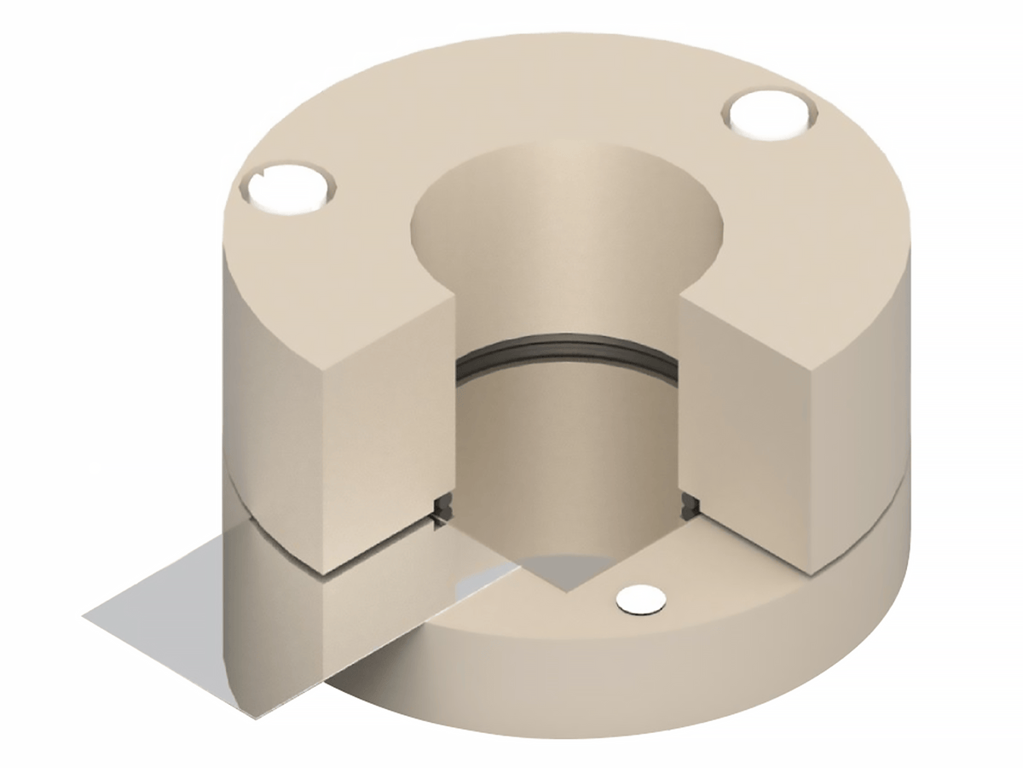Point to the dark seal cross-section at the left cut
coord(443,509)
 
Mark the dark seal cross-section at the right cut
coord(691,504)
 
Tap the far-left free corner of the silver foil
coord(85,614)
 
